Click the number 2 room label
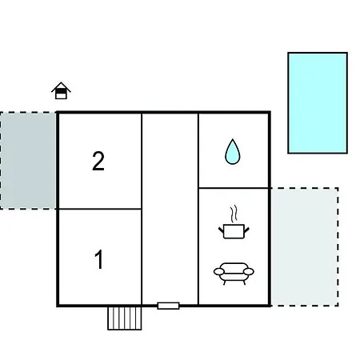tap(98, 161)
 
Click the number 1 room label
tap(99, 259)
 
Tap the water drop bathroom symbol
tap(233, 151)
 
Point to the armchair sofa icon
tap(234, 274)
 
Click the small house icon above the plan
tap(61, 90)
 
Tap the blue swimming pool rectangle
tap(318, 103)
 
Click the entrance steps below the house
tap(125, 318)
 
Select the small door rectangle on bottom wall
tap(168, 306)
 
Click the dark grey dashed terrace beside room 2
tap(28, 161)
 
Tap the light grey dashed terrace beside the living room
tap(305, 247)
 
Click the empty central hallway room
tap(170, 209)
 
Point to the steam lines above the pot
tap(234, 214)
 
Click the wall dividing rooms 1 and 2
tap(100, 209)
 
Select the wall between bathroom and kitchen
tap(234, 188)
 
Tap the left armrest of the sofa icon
tap(219, 271)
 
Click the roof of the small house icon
tap(61, 86)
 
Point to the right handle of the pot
tap(246, 230)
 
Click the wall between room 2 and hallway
tap(142, 161)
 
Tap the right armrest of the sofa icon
tap(249, 271)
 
